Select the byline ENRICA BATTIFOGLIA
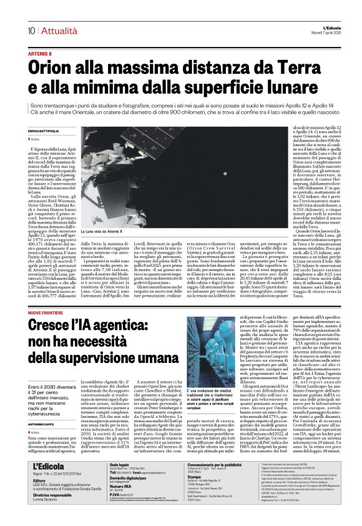(x=46, y=130)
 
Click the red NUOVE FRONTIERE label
(x=46, y=311)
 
